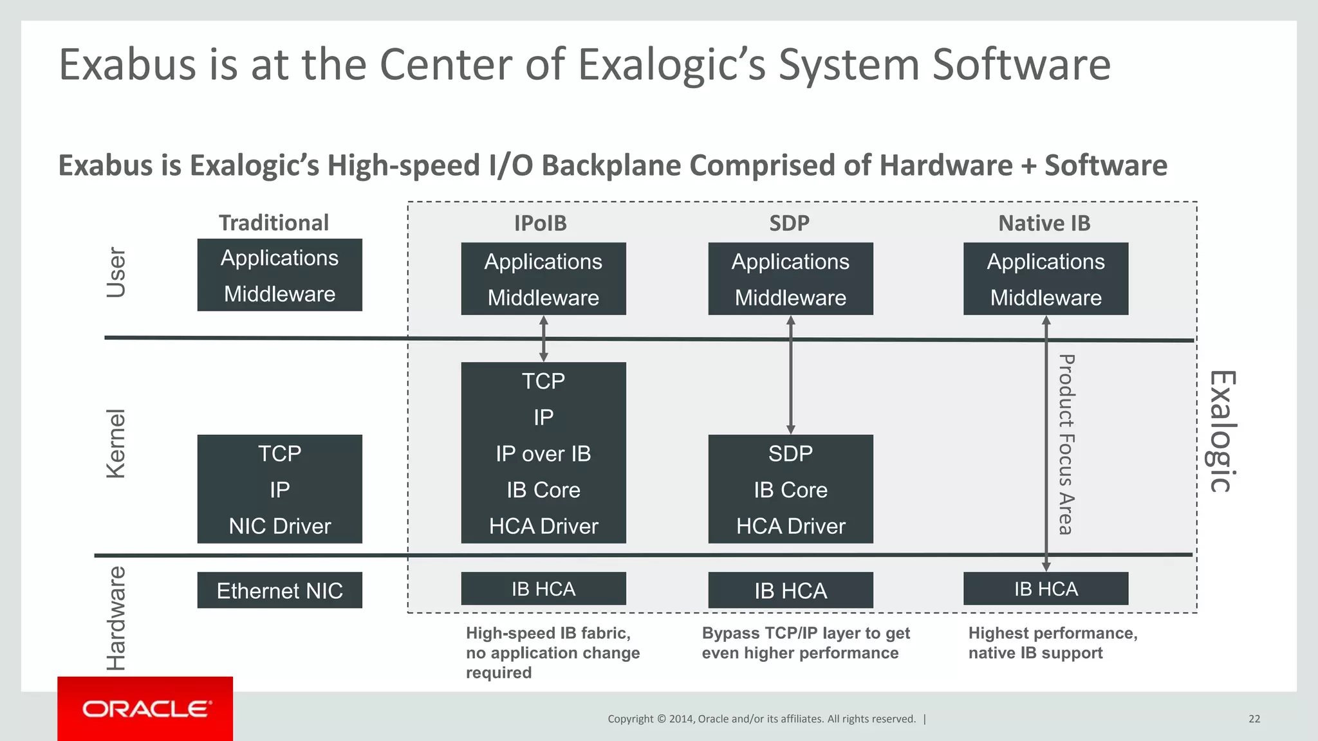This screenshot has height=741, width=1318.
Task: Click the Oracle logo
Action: [145, 709]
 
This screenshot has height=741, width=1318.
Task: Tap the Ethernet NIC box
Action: [279, 590]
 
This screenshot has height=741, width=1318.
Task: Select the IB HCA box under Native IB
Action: [1046, 589]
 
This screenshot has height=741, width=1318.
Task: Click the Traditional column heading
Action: [274, 223]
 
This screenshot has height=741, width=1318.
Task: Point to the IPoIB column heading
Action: [540, 223]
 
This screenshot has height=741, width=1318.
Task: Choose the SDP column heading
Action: [789, 223]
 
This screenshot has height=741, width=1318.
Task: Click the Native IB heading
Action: [1044, 223]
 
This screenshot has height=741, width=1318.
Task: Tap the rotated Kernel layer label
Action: [116, 444]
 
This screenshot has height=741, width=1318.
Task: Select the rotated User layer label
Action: [116, 272]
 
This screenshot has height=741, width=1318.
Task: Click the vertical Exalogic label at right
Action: [1221, 432]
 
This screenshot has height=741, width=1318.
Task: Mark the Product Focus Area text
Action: [1066, 444]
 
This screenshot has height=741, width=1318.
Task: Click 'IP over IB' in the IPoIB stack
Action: [543, 453]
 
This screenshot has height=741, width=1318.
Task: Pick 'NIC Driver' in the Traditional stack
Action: [279, 526]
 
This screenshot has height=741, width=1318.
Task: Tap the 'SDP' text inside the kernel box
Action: [790, 453]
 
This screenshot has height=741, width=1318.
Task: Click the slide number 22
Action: [1254, 718]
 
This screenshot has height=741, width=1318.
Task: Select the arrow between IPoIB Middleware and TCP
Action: [544, 338]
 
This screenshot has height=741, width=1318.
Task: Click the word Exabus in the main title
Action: [127, 64]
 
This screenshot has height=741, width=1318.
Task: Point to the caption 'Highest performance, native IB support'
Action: [1052, 643]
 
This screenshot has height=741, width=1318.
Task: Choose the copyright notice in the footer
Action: [761, 718]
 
